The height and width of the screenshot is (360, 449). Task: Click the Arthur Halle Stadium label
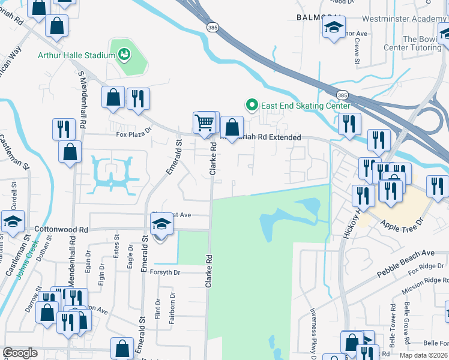click(76, 56)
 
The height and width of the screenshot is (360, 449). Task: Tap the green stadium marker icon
click(124, 55)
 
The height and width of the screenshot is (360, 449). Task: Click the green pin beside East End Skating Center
click(253, 106)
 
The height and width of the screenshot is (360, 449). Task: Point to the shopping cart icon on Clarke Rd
click(205, 122)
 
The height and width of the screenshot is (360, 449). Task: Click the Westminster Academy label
click(403, 19)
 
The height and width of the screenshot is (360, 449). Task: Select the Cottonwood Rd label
click(61, 229)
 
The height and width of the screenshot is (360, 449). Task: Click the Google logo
click(20, 353)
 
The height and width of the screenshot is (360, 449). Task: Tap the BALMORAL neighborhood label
click(319, 17)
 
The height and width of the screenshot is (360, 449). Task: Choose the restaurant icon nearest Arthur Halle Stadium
click(138, 98)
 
